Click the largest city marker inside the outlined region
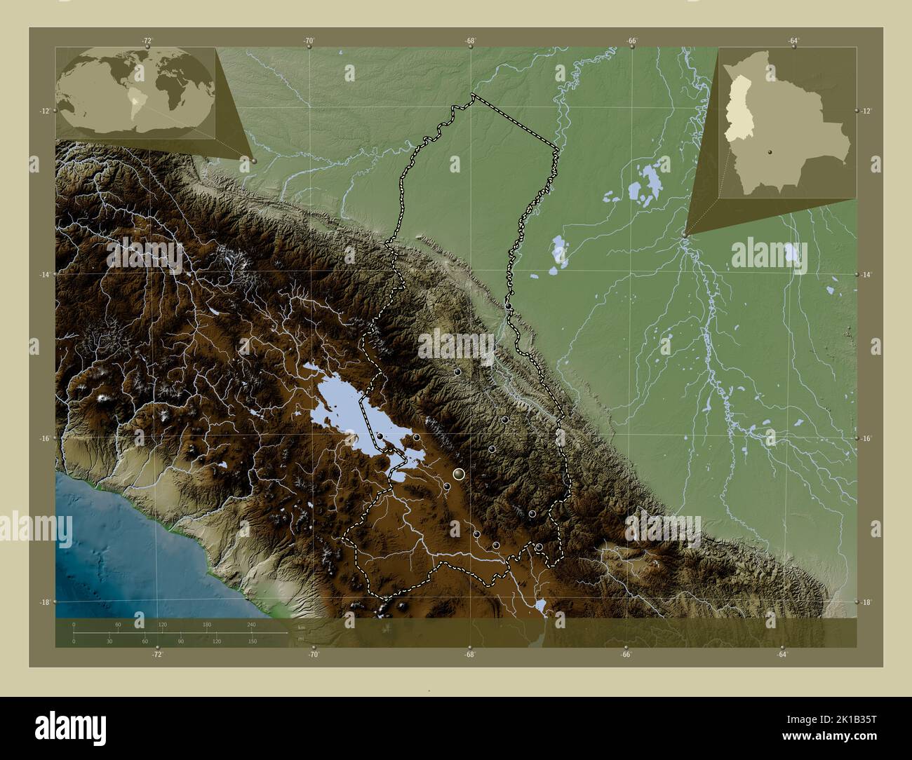pos(460,475)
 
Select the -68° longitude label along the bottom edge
pos(470,655)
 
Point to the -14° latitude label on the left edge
pos(44,274)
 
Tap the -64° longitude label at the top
pos(793,41)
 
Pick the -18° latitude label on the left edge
pos(44,602)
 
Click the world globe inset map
pos(136,90)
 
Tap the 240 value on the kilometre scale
pos(251,624)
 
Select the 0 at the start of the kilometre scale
pos(74,624)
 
